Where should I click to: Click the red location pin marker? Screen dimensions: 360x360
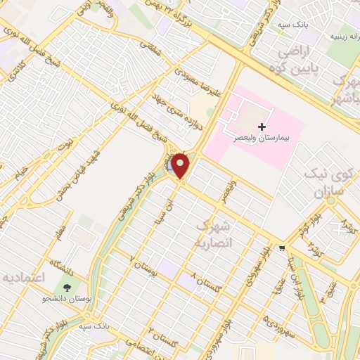(x=181, y=165)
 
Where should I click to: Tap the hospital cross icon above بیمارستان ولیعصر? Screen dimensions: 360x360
(x=262, y=127)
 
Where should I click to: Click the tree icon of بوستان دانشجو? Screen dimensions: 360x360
(x=67, y=288)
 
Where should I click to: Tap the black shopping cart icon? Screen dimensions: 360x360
(x=282, y=247)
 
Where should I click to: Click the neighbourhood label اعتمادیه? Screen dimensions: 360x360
(x=24, y=278)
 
